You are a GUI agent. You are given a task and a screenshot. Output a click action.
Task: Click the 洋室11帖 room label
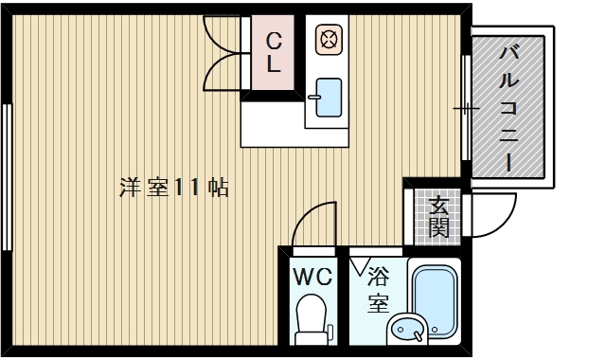point(174,187)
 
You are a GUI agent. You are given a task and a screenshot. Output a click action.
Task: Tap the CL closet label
point(272,53)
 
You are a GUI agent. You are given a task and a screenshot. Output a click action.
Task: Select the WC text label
point(312,278)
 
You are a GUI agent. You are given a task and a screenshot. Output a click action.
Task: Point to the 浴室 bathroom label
point(379,290)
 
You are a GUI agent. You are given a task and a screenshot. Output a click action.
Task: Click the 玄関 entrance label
point(437,215)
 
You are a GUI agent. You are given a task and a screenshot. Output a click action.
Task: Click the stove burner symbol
point(328,40)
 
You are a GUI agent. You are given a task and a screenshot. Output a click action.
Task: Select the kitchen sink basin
point(327,97)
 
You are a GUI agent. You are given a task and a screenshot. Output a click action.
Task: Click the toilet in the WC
point(311,318)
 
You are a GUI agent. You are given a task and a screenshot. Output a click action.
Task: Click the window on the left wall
point(7,175)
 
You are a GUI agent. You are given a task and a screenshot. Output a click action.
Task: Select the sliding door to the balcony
point(465,106)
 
